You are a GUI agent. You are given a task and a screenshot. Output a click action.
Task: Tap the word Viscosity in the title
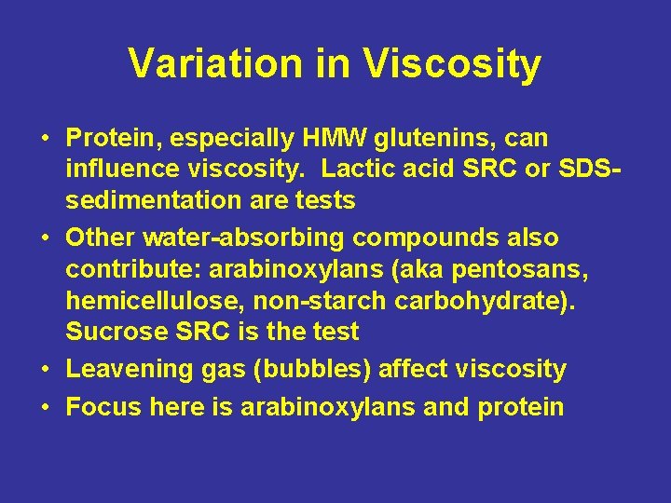click(x=454, y=64)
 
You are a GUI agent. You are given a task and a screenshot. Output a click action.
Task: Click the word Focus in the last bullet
click(x=100, y=407)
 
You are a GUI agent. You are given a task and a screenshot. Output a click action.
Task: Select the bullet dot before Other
click(x=45, y=238)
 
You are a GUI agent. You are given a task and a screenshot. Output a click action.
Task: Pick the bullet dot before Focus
click(x=45, y=408)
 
